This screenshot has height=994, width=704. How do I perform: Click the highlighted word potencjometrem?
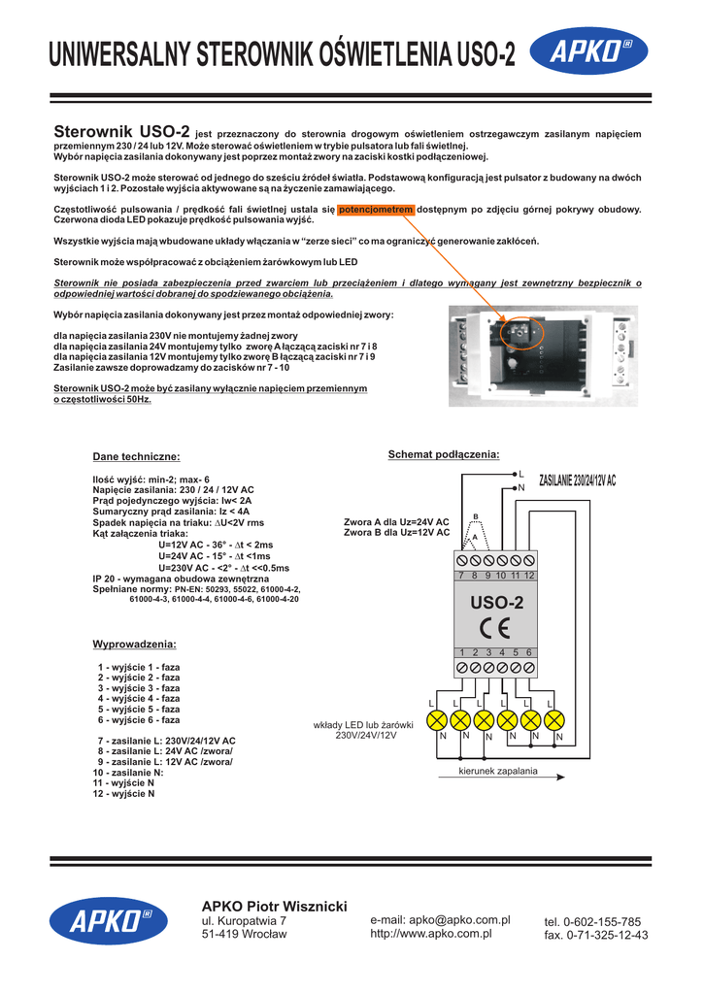click(x=376, y=209)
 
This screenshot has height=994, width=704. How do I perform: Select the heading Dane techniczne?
click(x=136, y=456)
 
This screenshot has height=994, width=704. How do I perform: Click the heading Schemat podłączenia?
click(x=443, y=454)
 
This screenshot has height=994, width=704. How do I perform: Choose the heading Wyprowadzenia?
click(x=134, y=645)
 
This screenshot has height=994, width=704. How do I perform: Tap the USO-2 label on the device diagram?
click(x=496, y=603)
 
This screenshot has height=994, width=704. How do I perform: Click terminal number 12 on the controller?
click(x=530, y=576)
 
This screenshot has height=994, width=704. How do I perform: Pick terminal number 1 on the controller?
click(x=463, y=652)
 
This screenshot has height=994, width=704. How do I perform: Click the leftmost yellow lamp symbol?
click(x=437, y=720)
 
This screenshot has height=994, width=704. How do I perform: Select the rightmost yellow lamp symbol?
click(x=554, y=720)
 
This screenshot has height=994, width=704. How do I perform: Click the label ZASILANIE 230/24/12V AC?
click(x=577, y=481)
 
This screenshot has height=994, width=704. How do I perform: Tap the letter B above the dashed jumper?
click(x=476, y=515)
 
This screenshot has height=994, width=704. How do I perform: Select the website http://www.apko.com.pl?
click(x=431, y=934)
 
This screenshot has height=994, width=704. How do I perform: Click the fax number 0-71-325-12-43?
click(x=595, y=936)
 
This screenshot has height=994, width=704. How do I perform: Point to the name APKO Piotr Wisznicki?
click(x=274, y=906)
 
